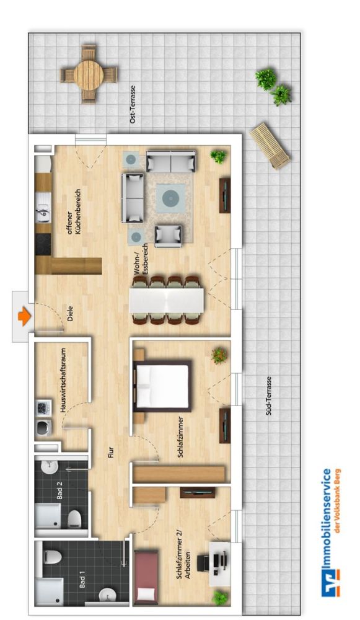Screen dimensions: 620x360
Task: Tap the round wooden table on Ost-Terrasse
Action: coord(88,74)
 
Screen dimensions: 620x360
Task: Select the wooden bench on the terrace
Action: coord(270,145)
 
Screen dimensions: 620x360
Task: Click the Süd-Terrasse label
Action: coord(269,396)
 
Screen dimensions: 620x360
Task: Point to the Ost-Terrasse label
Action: coord(132,104)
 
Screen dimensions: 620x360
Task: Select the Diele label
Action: coord(68,314)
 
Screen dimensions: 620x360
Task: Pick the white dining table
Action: coord(167,300)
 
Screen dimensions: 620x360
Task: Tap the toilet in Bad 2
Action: coord(74,516)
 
